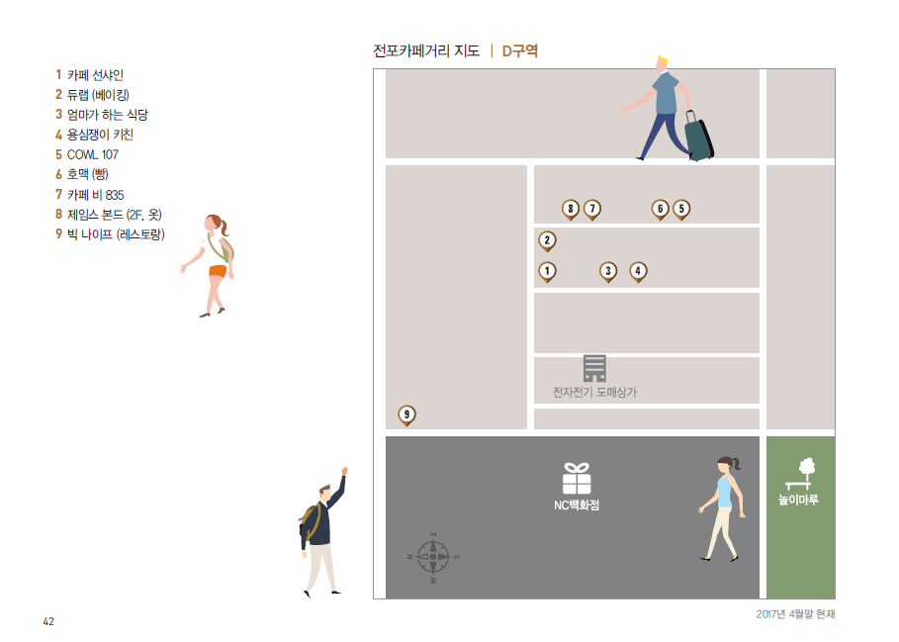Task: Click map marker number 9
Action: coord(406,414)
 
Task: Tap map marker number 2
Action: coord(547,240)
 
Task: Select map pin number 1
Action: coord(547,270)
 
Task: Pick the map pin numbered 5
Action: coord(681,209)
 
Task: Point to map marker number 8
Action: coord(571,209)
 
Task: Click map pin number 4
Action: coord(638,270)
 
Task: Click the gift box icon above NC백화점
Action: coord(577,478)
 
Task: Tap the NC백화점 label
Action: coord(577,505)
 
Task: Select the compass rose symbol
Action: coord(433,556)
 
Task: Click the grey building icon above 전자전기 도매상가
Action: coord(594,368)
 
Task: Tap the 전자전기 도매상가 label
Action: coord(594,393)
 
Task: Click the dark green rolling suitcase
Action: coord(699,138)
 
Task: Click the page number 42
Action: coord(48,621)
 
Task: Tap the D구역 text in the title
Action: coord(519,50)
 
